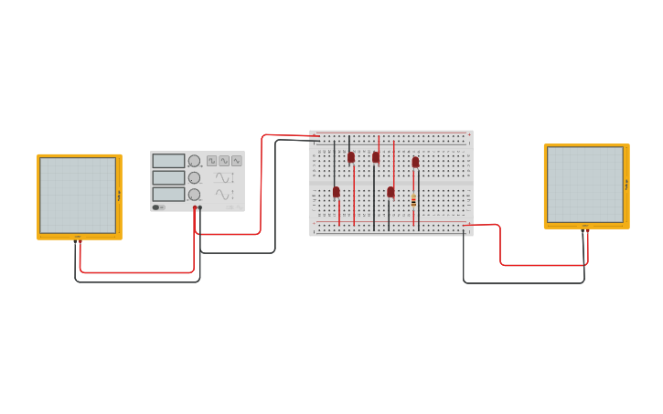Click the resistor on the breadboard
413,200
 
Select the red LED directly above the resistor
415,163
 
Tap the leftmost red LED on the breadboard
337,192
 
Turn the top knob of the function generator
194,161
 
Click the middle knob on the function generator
194,177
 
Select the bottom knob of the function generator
194,195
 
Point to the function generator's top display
168,161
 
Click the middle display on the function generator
168,177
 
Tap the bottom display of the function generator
168,194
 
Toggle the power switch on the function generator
156,207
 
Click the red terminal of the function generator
195,208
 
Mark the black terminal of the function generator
200,208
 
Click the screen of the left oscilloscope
78,195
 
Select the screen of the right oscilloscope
584,185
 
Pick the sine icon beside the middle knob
224,177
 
